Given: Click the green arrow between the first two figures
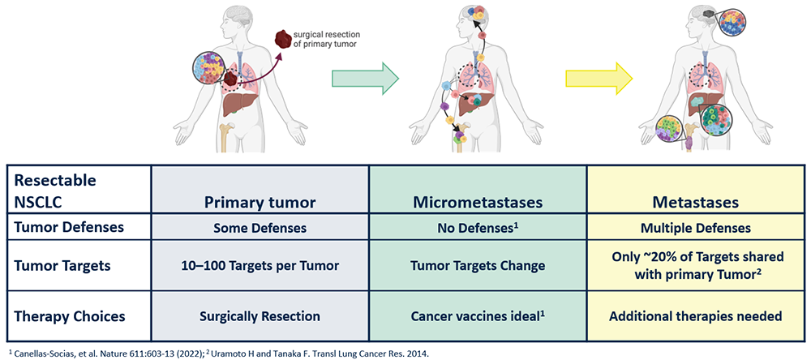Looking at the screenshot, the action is [x=365, y=78].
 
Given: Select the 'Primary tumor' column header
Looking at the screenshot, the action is [x=260, y=202].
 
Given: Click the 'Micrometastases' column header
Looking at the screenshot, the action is [x=478, y=202].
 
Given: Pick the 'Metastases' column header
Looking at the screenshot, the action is [x=696, y=202].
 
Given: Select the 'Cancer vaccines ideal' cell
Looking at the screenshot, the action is [x=478, y=315].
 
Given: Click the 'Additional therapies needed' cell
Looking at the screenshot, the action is [x=696, y=315].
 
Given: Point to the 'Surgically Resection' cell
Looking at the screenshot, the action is [x=260, y=315].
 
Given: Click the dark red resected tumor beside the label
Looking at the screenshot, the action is [x=282, y=40].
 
